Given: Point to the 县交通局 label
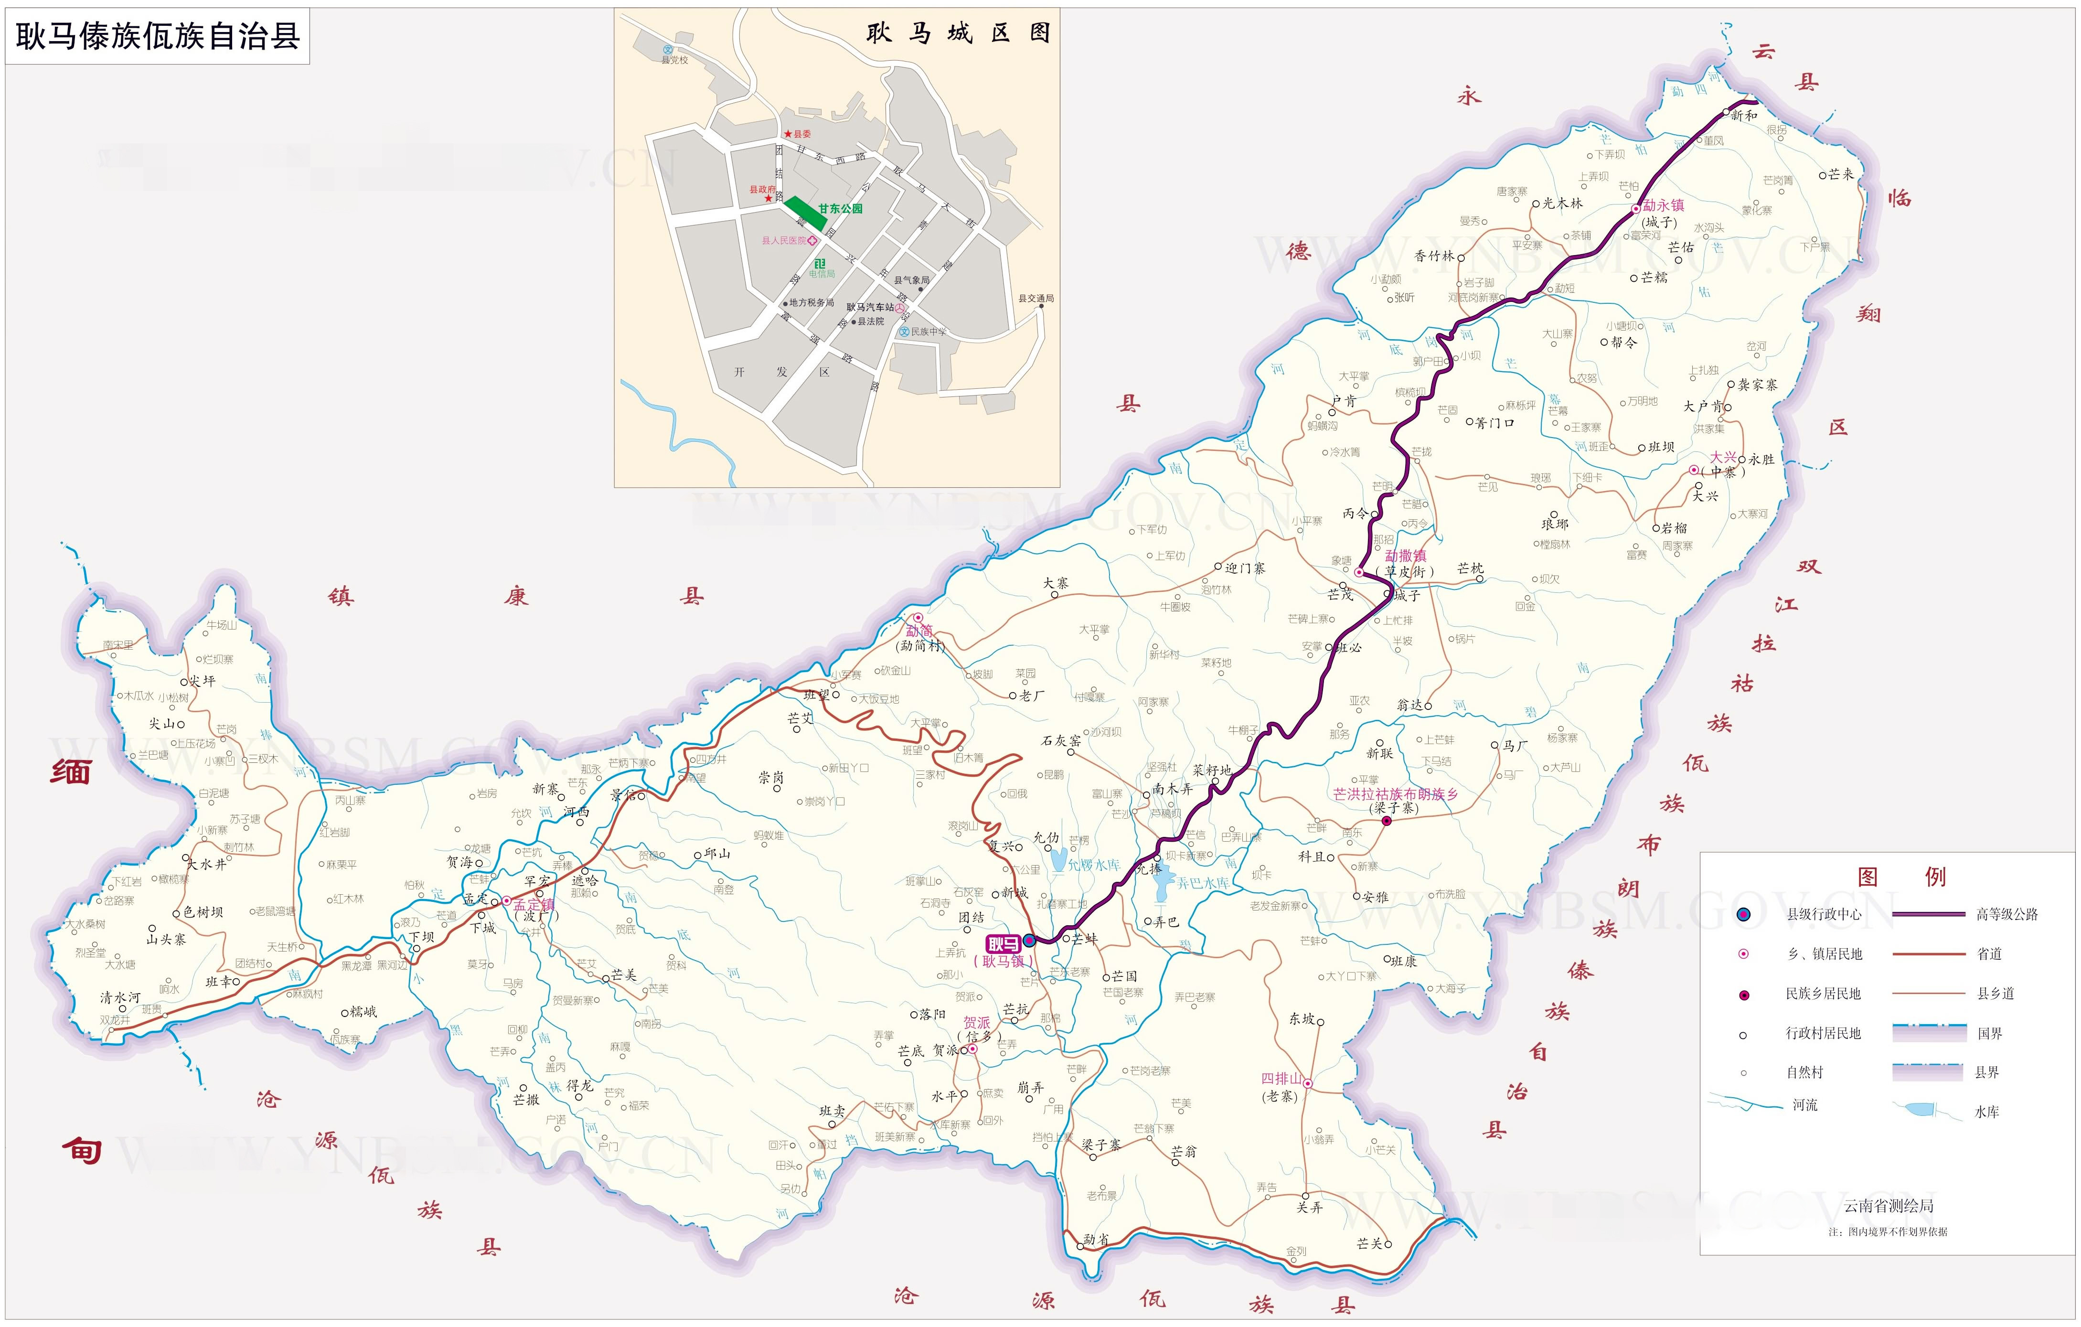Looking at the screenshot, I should [1035, 298].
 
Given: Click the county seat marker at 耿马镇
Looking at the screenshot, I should [1029, 941].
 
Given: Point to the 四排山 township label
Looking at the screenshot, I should [1281, 1079].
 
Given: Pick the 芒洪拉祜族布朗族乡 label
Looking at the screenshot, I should [1395, 793].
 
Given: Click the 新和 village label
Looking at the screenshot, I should [1743, 115].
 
